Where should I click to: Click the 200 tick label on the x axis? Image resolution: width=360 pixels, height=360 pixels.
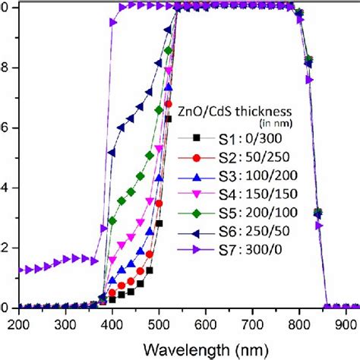tap(18, 324)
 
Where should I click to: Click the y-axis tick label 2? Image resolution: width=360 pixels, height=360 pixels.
tap(5, 248)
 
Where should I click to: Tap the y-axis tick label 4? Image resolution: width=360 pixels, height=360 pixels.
tap(5, 188)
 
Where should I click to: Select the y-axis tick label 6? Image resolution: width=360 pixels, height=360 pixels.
tap(5, 128)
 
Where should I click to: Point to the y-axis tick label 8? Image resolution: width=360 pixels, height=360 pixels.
tap(5, 67)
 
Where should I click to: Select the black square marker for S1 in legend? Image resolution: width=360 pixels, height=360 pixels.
tap(197, 138)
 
